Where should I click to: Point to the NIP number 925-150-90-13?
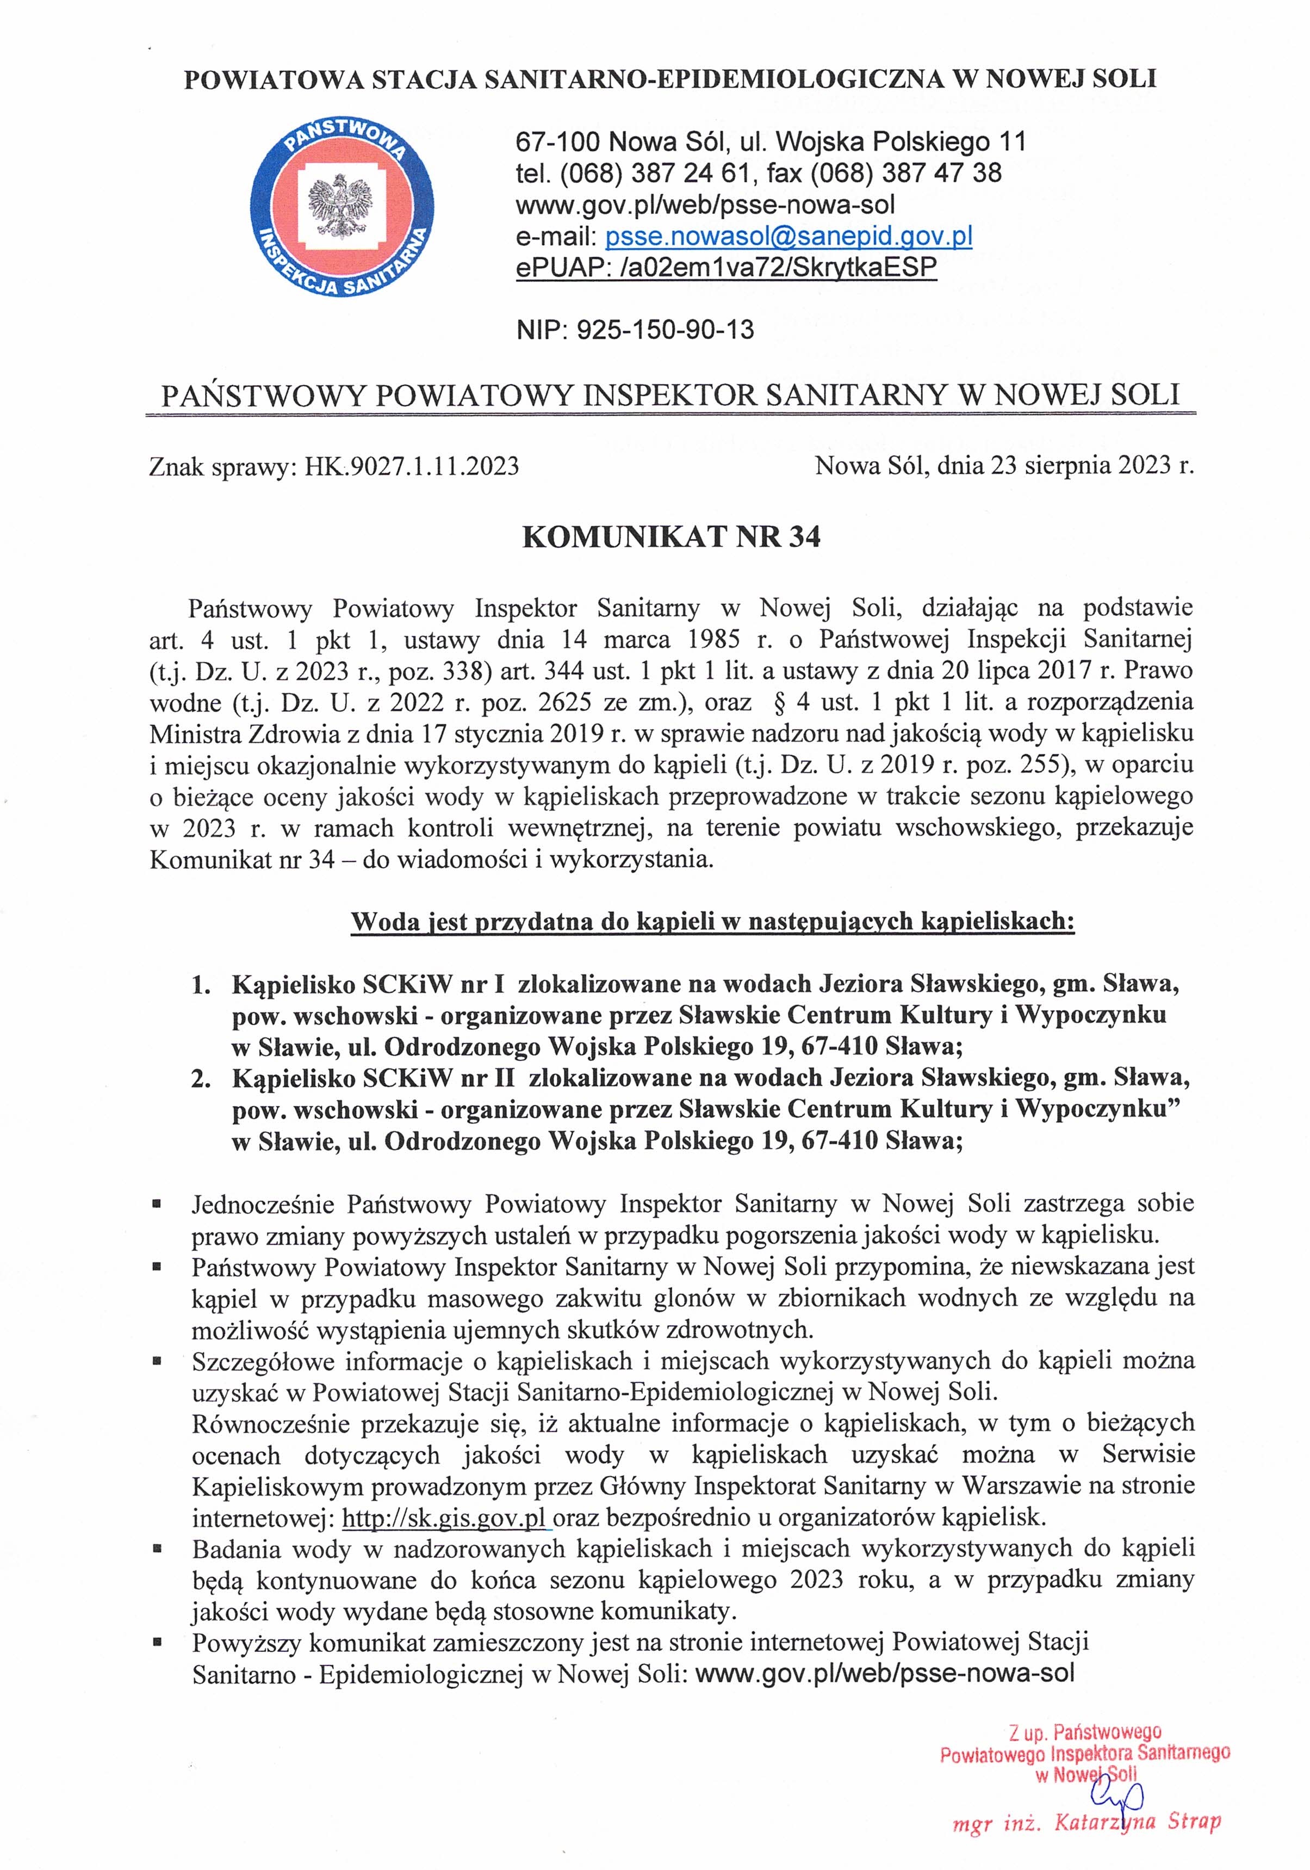(665, 330)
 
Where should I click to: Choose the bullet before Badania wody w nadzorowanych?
(156, 1545)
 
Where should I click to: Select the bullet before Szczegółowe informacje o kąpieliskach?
(156, 1359)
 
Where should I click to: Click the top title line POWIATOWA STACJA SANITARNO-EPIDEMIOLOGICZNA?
(670, 79)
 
